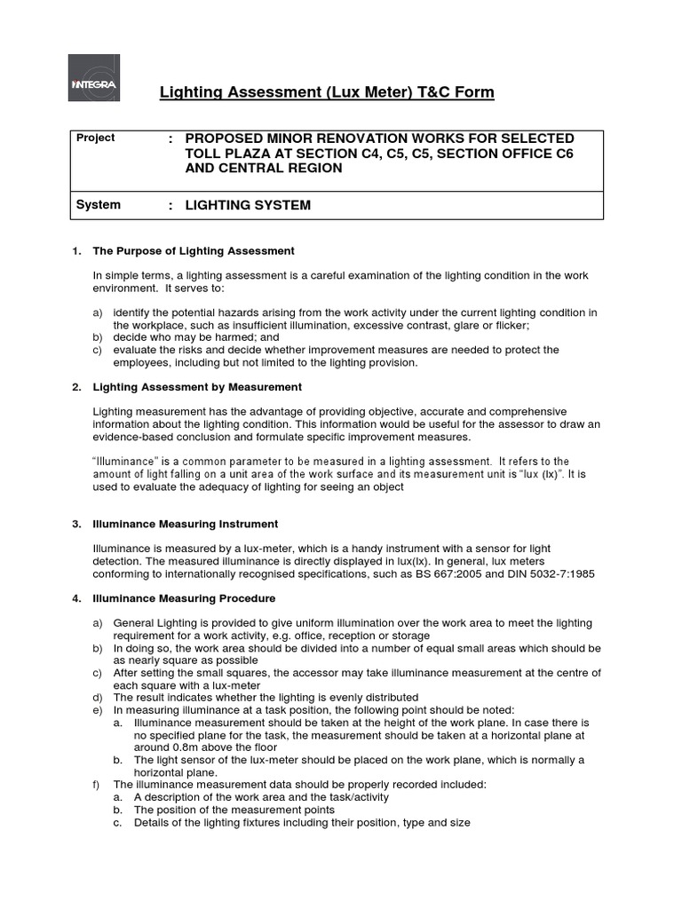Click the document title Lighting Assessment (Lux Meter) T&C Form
point(326,92)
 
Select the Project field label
point(96,138)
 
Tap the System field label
point(99,205)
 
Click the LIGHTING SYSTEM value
point(248,205)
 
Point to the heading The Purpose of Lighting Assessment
point(194,251)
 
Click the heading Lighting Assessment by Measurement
point(197,387)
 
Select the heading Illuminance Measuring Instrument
point(186,524)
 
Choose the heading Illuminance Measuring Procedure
point(184,598)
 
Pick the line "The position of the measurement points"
point(234,810)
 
